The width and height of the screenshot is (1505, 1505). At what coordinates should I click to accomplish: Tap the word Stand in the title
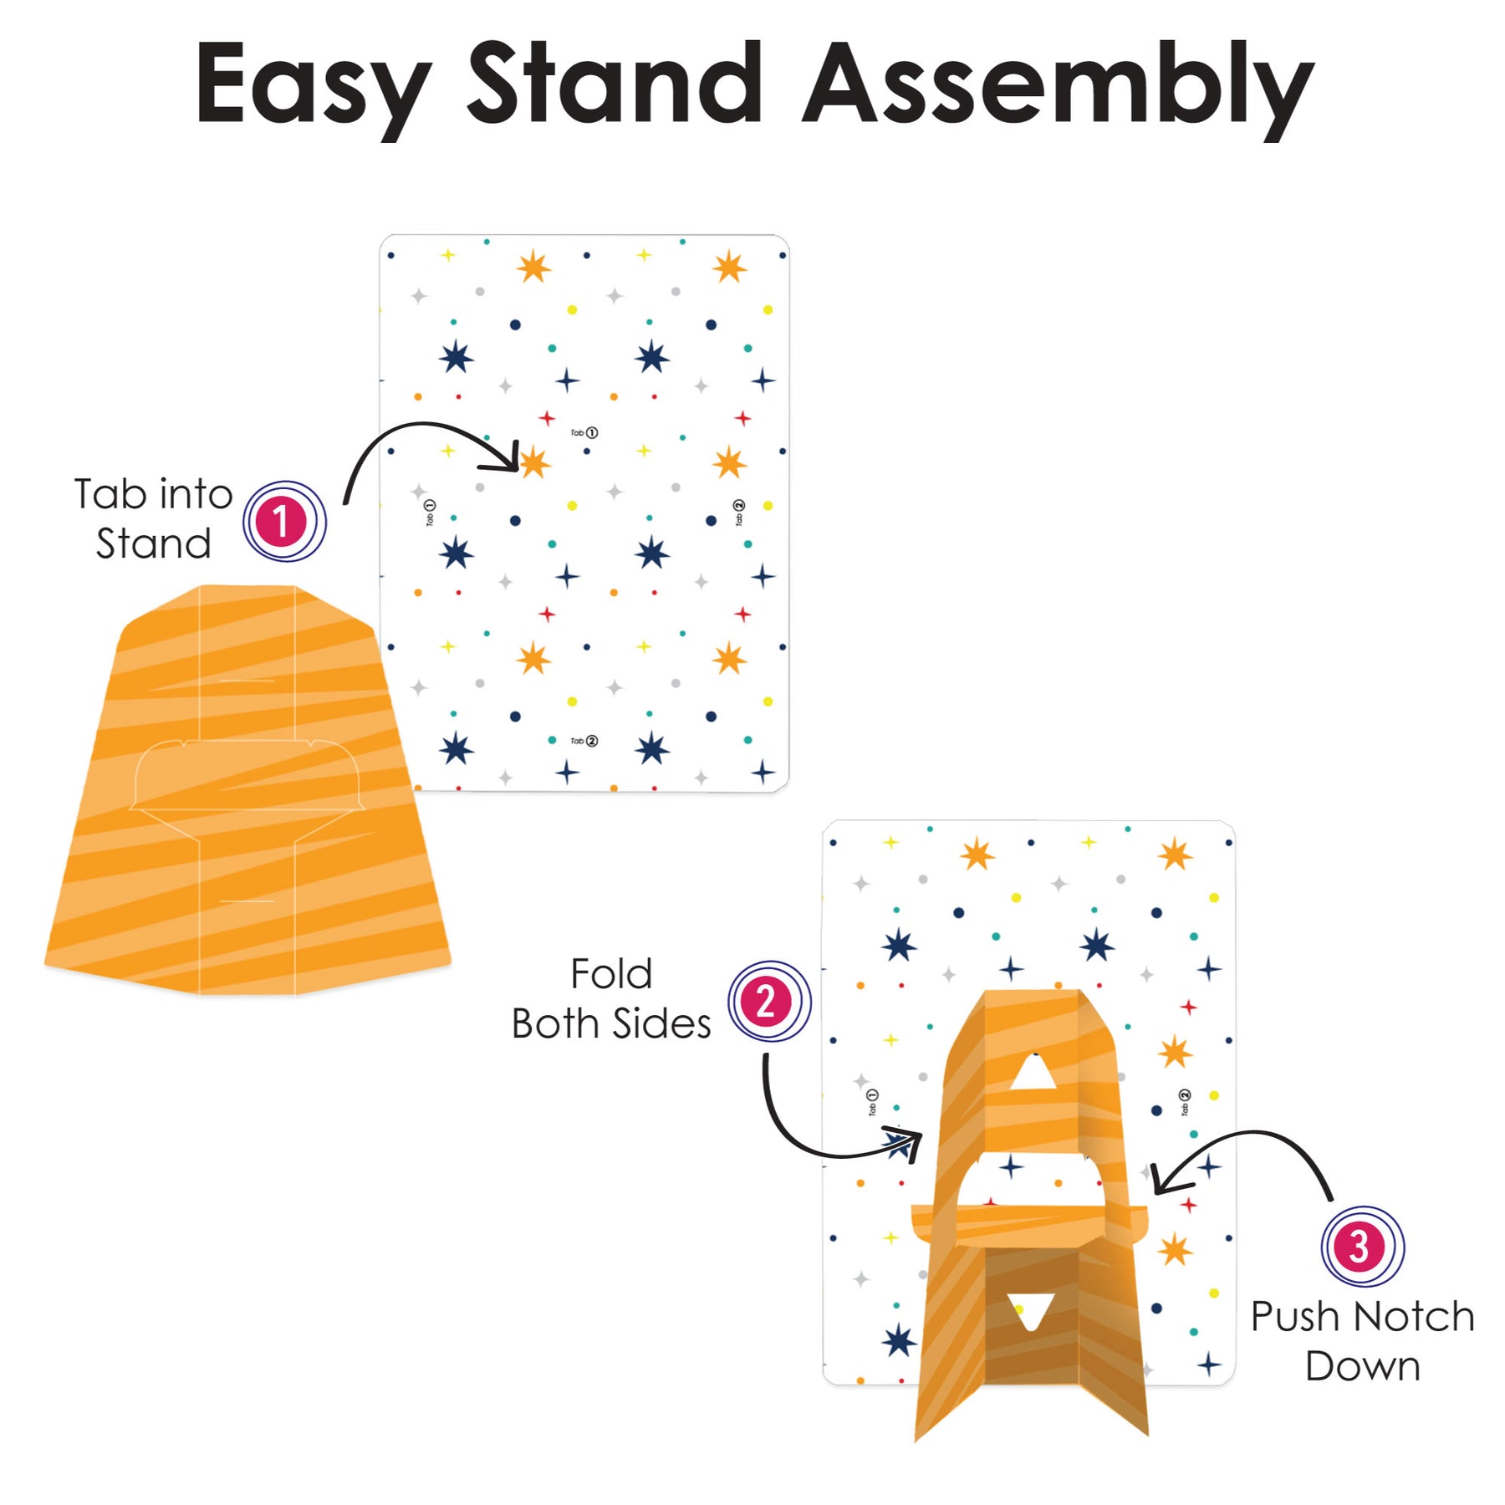click(x=615, y=84)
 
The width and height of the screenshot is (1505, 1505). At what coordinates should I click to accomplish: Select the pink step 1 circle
click(x=284, y=522)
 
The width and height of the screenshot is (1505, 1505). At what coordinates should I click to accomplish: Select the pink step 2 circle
click(x=768, y=1001)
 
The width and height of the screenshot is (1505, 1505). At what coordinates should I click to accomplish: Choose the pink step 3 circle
click(x=1362, y=1247)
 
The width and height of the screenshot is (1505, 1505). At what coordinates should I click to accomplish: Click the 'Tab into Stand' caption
click(x=153, y=518)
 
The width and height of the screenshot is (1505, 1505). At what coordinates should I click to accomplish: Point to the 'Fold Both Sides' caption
click(x=611, y=998)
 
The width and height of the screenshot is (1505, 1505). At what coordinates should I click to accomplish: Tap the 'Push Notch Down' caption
click(x=1362, y=1341)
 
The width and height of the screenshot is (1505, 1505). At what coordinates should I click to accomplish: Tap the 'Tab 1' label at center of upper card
click(x=584, y=432)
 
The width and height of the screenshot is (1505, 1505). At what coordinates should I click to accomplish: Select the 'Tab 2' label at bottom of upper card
click(x=584, y=740)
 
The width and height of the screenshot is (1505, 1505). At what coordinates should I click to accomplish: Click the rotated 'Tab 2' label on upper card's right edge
click(x=738, y=512)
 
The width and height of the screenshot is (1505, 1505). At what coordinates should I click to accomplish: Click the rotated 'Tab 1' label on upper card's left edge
click(x=430, y=512)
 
